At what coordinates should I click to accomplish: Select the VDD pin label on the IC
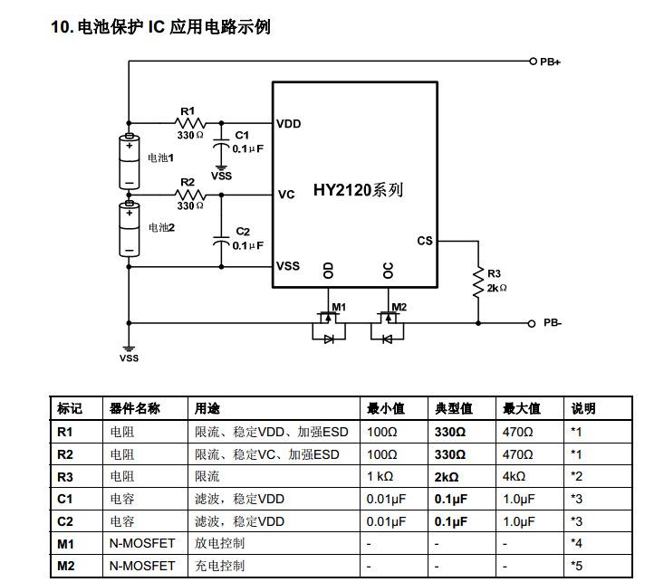tap(289, 124)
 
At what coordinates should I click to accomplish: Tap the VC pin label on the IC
tap(286, 195)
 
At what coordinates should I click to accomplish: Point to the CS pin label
tap(425, 241)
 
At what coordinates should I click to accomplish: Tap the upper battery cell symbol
tap(129, 160)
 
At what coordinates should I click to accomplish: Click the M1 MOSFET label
tap(339, 307)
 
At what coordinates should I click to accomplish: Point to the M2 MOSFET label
tap(399, 307)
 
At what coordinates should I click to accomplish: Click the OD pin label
tap(329, 271)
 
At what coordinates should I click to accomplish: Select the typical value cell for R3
tap(447, 476)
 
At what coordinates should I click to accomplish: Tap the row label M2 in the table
tap(65, 566)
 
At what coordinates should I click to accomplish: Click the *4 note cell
tap(576, 543)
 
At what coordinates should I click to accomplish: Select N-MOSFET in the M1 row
tap(143, 543)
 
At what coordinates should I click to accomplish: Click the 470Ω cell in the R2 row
tap(518, 453)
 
